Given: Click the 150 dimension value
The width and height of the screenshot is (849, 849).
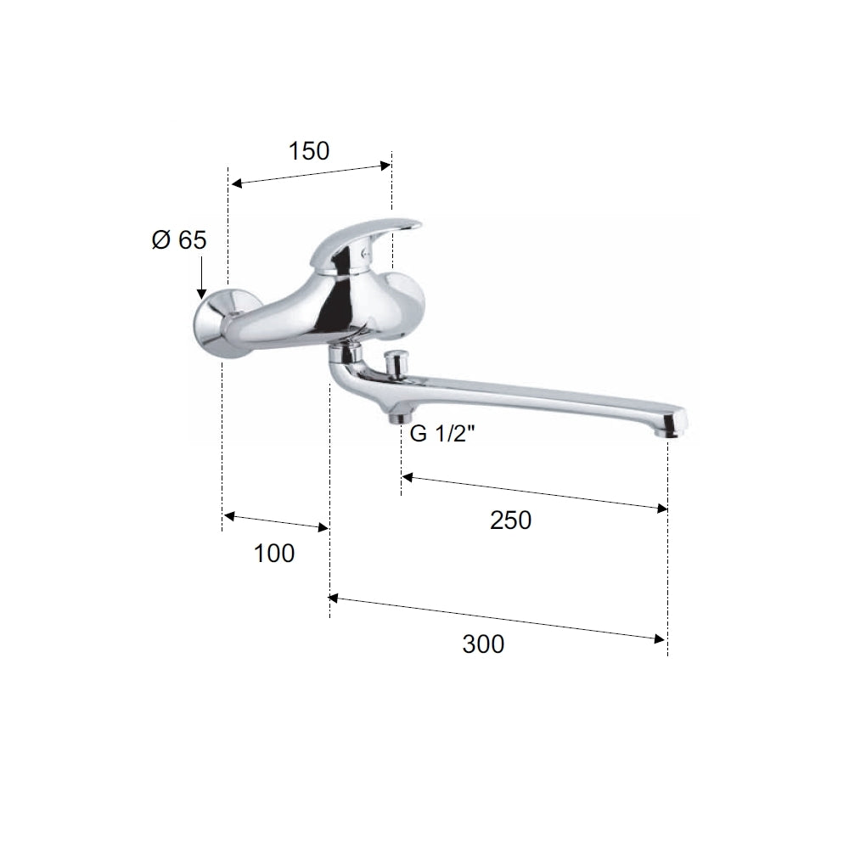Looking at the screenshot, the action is pos(309,151).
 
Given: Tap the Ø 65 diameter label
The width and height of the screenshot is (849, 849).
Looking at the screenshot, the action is pos(179,240).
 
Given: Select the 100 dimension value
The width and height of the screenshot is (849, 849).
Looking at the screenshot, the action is pos(274,554).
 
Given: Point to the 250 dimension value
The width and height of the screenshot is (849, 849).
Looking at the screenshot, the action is pos(510,520).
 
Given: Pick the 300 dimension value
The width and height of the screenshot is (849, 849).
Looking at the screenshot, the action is pos(483,644).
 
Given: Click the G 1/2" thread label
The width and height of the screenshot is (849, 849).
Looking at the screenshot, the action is pos(441,434).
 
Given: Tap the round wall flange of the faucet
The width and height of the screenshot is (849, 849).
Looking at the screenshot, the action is pos(216,323).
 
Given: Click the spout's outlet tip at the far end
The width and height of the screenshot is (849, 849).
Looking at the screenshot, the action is pos(671,425).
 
